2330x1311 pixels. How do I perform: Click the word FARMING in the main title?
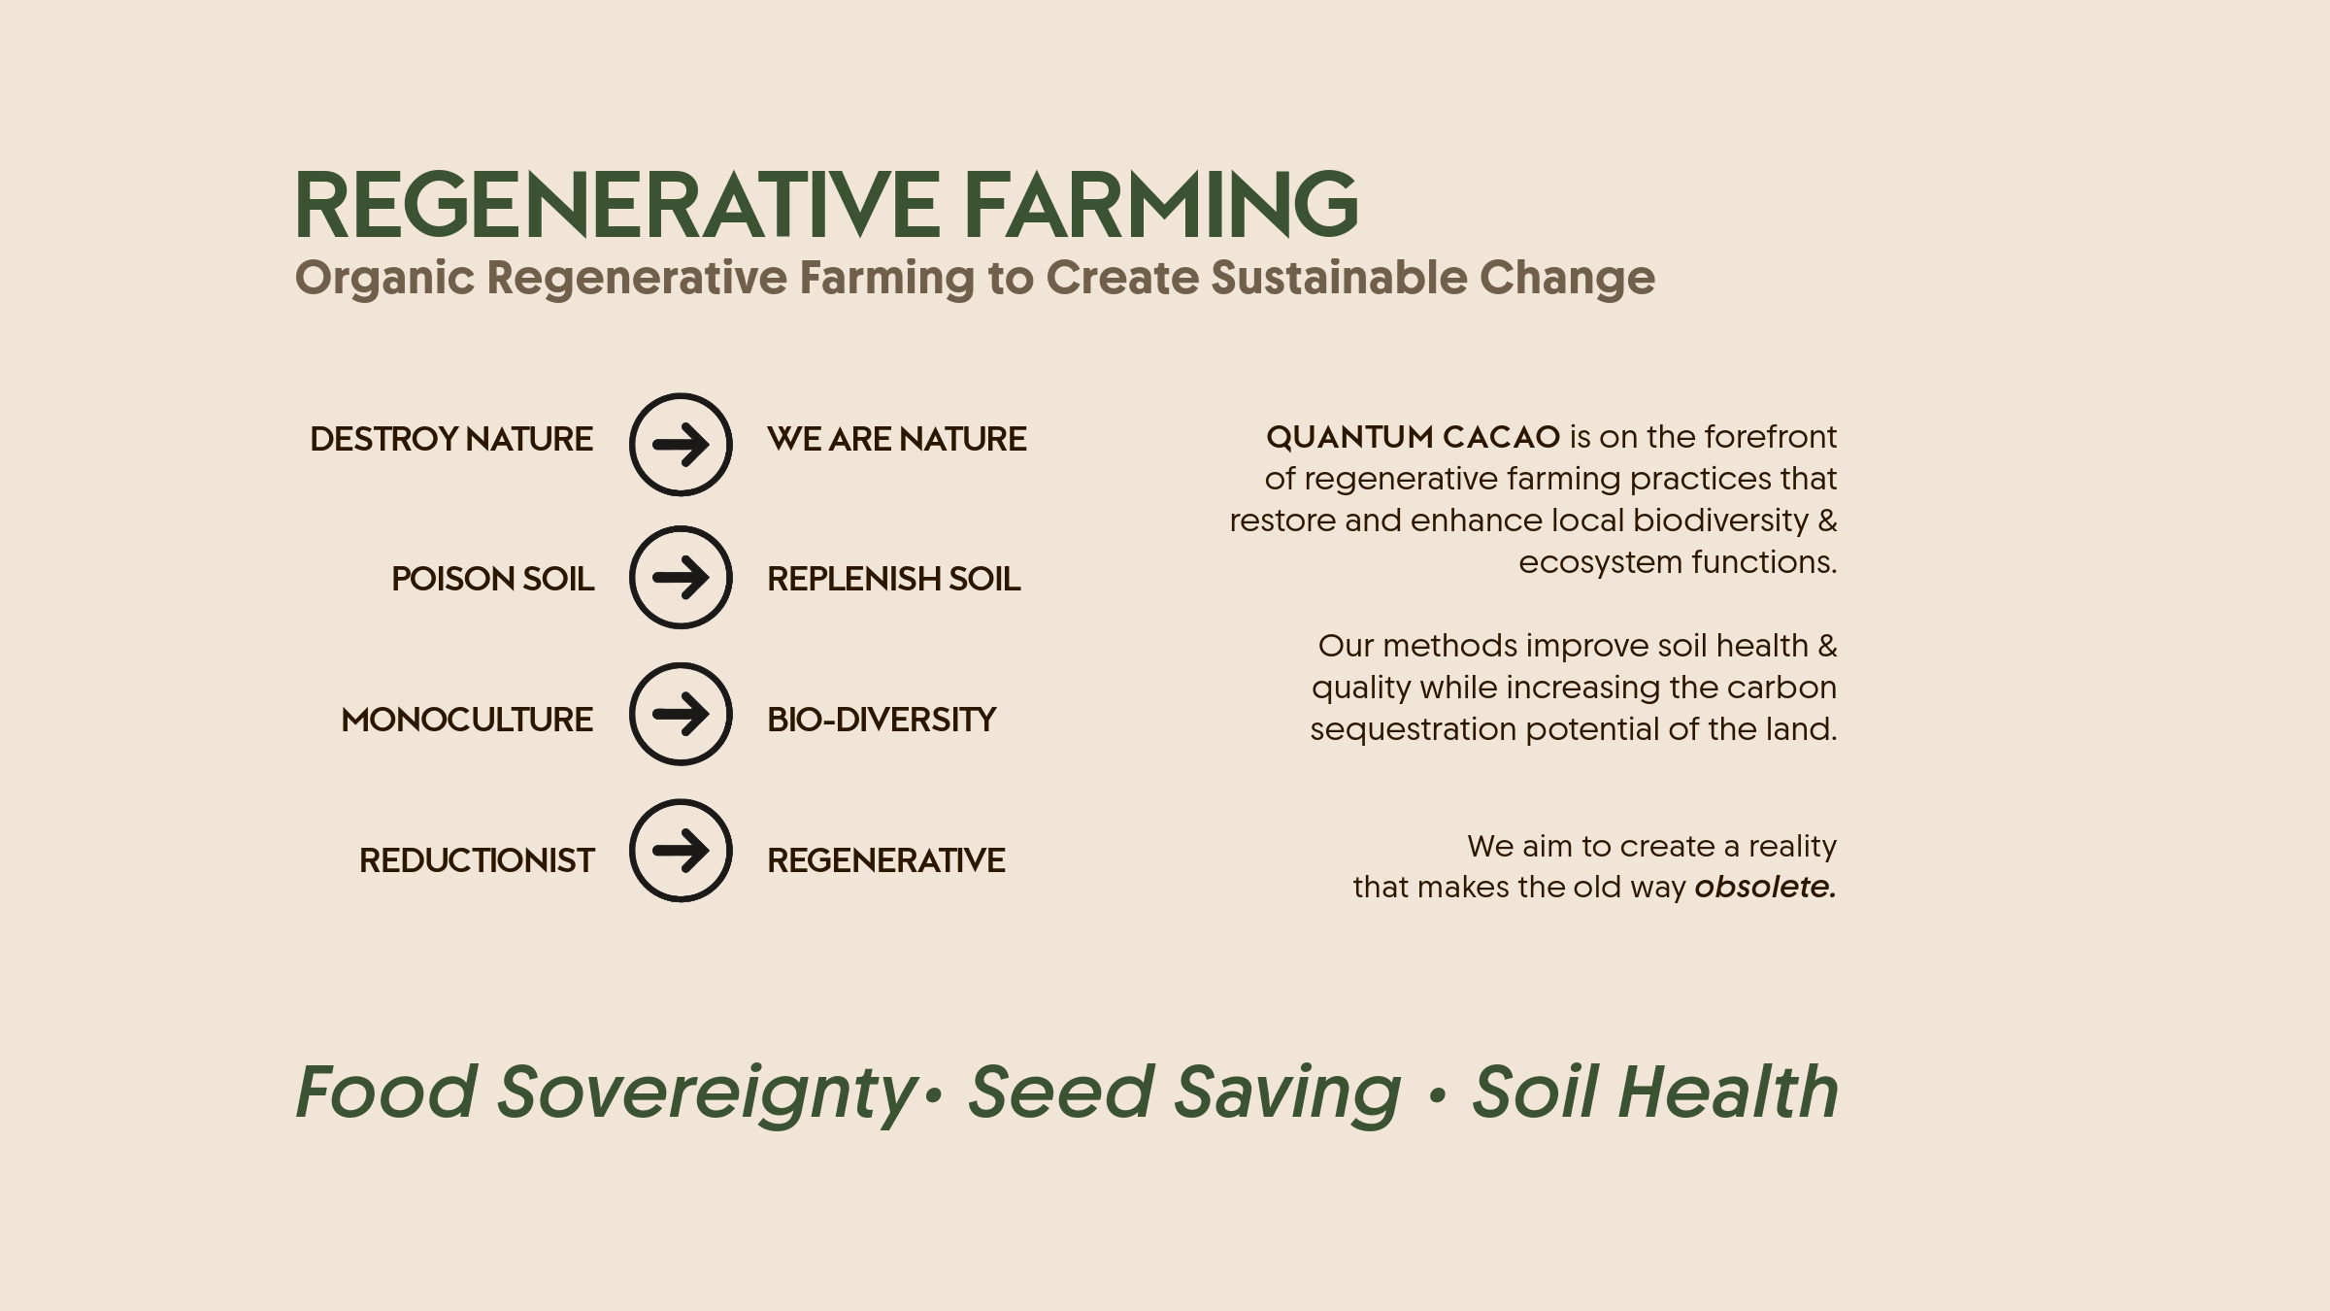pyautogui.click(x=1161, y=204)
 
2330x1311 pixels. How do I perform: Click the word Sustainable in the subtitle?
pyautogui.click(x=1339, y=278)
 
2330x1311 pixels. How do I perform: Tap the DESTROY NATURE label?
pyautogui.click(x=451, y=439)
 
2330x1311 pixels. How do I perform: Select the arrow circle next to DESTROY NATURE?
pyautogui.click(x=681, y=445)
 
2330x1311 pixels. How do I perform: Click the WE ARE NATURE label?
pyautogui.click(x=897, y=439)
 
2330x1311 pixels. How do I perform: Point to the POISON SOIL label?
pyautogui.click(x=492, y=579)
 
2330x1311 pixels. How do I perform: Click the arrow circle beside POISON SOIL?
pyautogui.click(x=681, y=578)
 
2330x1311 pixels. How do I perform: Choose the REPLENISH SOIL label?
pyautogui.click(x=894, y=579)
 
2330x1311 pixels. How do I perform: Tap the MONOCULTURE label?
pyautogui.click(x=467, y=720)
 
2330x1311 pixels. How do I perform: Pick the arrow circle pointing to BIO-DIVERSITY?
pyautogui.click(x=681, y=715)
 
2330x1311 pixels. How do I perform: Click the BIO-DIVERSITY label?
pyautogui.click(x=882, y=720)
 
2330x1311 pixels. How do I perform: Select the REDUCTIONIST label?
pyautogui.click(x=477, y=860)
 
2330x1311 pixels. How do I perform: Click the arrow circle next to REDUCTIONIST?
pyautogui.click(x=681, y=851)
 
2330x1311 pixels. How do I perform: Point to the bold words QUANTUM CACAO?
pyautogui.click(x=1414, y=437)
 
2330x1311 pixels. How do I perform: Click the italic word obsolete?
pyautogui.click(x=1766, y=887)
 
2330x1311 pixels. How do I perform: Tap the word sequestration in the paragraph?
pyautogui.click(x=1414, y=729)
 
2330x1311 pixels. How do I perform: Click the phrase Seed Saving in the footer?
pyautogui.click(x=1185, y=1093)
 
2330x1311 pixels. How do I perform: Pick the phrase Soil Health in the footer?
pyautogui.click(x=1655, y=1092)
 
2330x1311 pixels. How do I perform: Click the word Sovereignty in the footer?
pyautogui.click(x=707, y=1093)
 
